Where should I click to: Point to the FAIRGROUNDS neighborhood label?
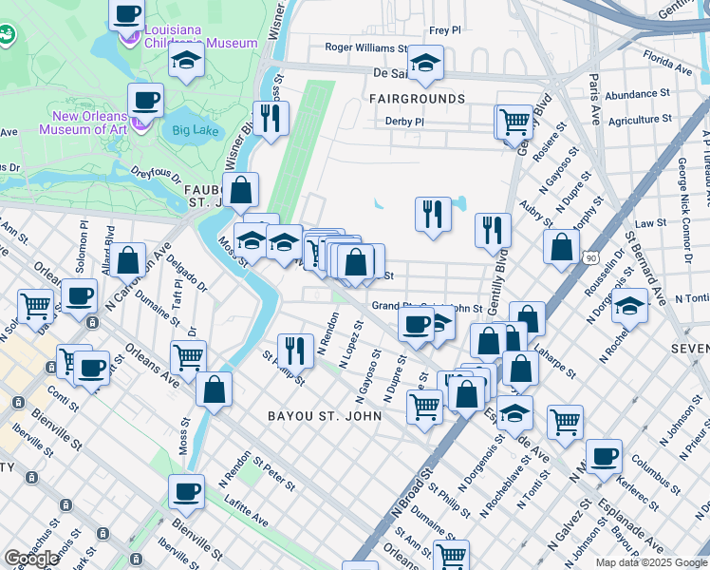click(x=418, y=99)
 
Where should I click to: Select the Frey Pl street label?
click(x=444, y=30)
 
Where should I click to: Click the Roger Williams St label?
click(x=365, y=47)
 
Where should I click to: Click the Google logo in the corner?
click(x=31, y=559)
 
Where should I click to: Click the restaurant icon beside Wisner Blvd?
click(x=271, y=117)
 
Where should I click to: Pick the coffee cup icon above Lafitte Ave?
click(x=186, y=491)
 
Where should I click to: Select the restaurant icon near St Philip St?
click(x=295, y=350)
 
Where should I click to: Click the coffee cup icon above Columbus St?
click(x=604, y=456)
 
